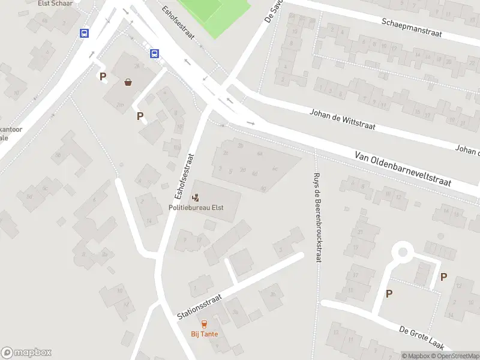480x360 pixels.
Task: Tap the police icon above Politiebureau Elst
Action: pyautogui.click(x=196, y=197)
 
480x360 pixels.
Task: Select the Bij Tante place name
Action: pyautogui.click(x=205, y=334)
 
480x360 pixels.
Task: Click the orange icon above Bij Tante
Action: pyautogui.click(x=205, y=324)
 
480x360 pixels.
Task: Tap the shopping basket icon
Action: pyautogui.click(x=128, y=82)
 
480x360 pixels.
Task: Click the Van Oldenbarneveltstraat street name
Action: pyautogui.click(x=403, y=169)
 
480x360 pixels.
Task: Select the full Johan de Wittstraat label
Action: pyautogui.click(x=342, y=119)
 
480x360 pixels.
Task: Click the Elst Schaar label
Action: pyautogui.click(x=55, y=3)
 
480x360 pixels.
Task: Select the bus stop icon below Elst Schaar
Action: pyautogui.click(x=84, y=34)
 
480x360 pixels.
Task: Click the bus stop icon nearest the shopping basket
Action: pyautogui.click(x=154, y=54)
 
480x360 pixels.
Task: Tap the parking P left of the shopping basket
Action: pyautogui.click(x=103, y=76)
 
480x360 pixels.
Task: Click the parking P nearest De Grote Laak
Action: pyautogui.click(x=389, y=293)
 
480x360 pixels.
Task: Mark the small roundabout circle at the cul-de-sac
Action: pyautogui.click(x=403, y=252)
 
